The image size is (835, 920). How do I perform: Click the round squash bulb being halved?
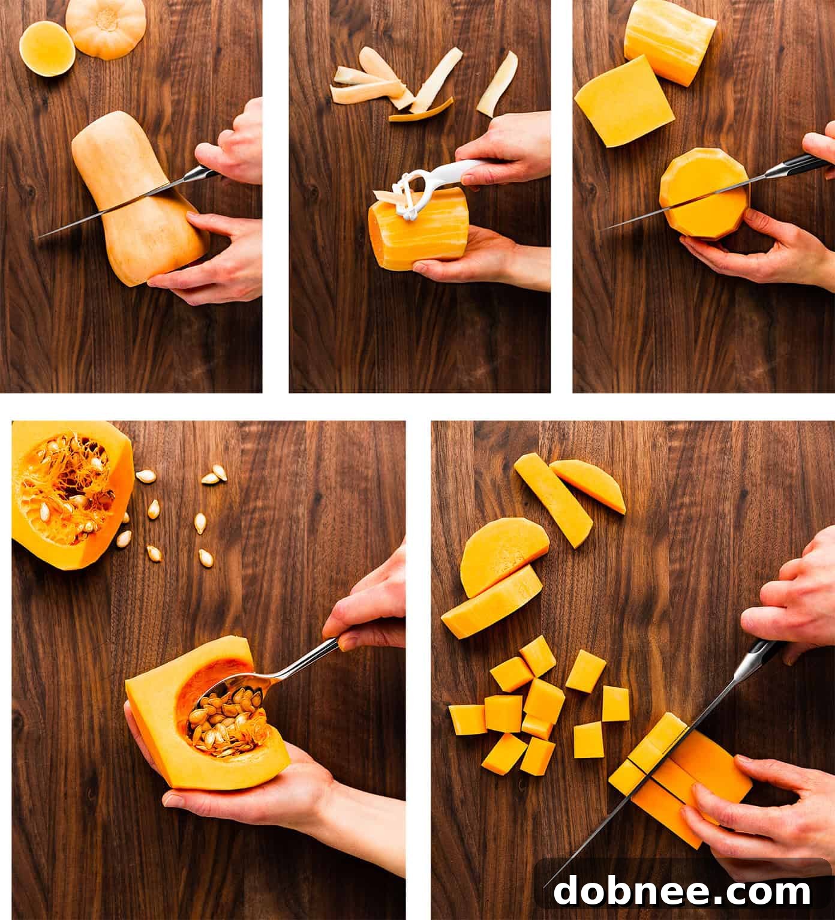tap(705, 195)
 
